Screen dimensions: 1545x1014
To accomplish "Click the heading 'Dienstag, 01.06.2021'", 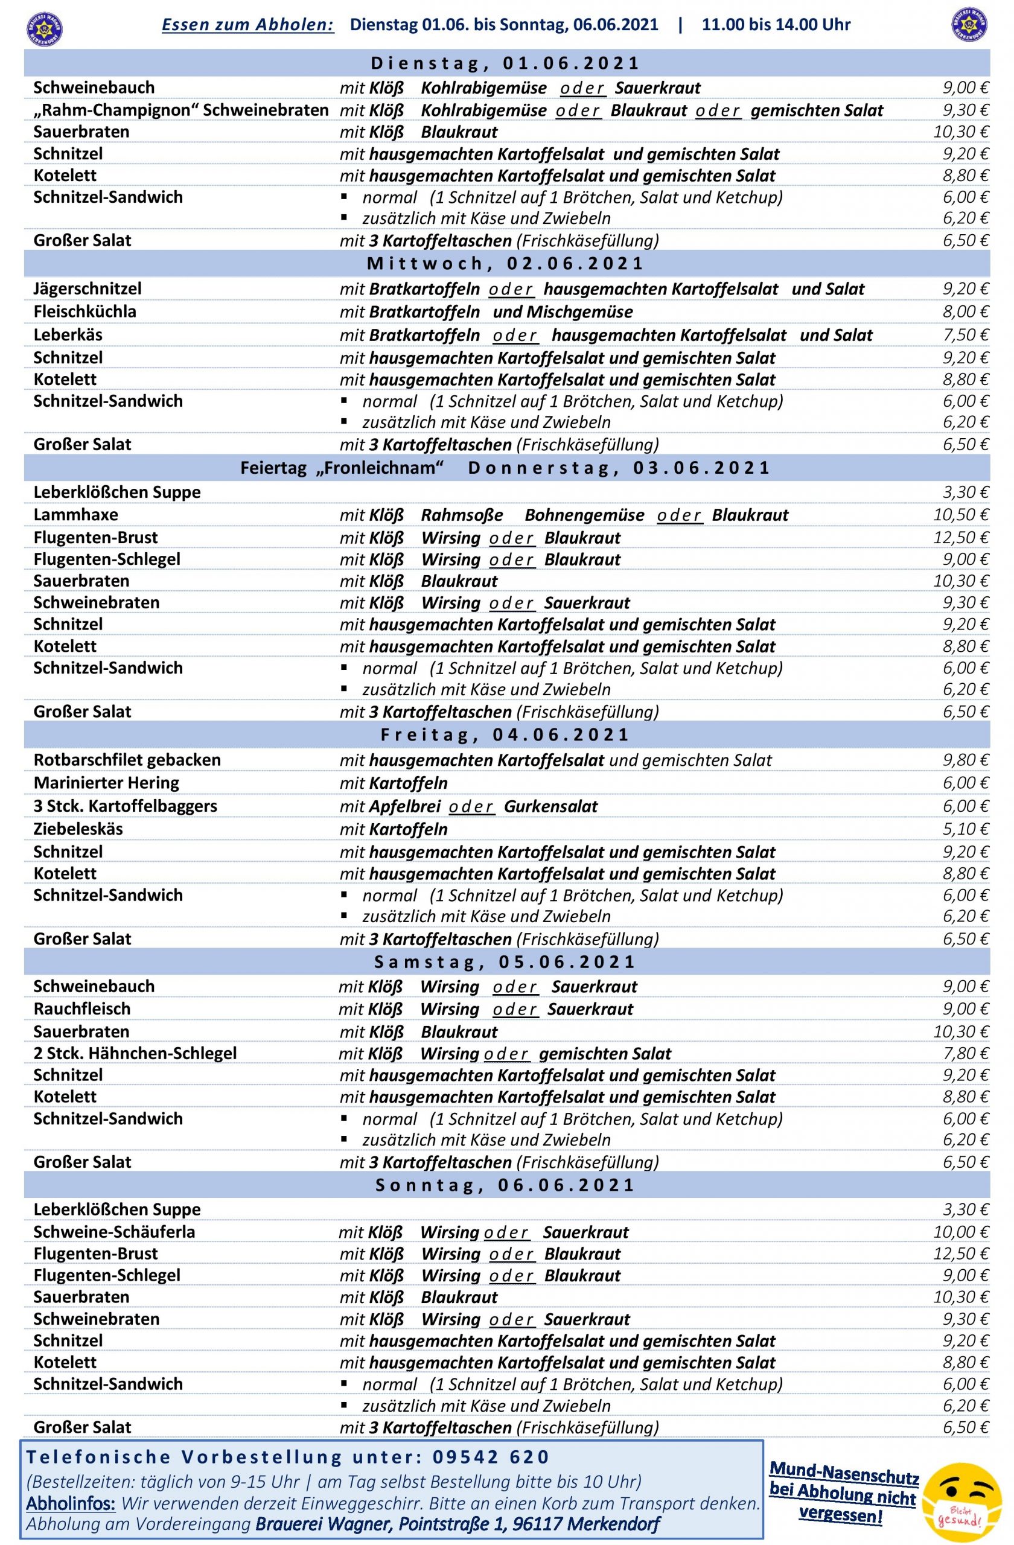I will pos(506,63).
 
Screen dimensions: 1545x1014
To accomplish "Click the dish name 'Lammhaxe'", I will pos(76,515).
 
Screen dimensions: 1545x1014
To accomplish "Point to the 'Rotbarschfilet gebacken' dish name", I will pos(127,759).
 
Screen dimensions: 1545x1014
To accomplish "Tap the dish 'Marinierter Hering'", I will pos(106,782).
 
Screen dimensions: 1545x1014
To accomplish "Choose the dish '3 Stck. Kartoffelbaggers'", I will pos(126,806).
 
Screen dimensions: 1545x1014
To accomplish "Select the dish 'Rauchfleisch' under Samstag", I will pos(82,1009).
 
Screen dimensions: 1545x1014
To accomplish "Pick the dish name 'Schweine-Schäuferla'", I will pos(114,1231).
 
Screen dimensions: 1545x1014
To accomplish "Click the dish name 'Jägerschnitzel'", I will pos(87,288).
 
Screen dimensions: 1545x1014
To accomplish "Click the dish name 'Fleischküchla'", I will pos(85,311).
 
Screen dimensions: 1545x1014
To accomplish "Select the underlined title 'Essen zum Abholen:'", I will pos(248,25).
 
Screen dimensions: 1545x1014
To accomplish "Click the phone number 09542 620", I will pos(491,1457).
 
